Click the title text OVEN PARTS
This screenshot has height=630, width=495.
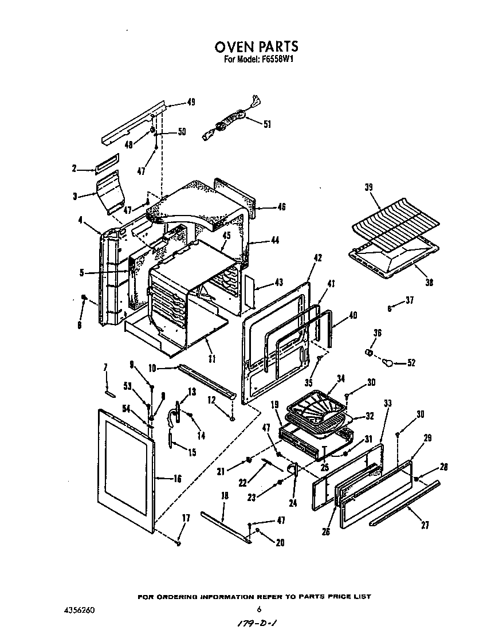point(256,46)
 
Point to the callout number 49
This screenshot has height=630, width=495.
point(191,103)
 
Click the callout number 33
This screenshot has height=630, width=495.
point(387,404)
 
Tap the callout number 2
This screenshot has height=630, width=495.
point(74,169)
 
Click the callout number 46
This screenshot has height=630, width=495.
point(281,207)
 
